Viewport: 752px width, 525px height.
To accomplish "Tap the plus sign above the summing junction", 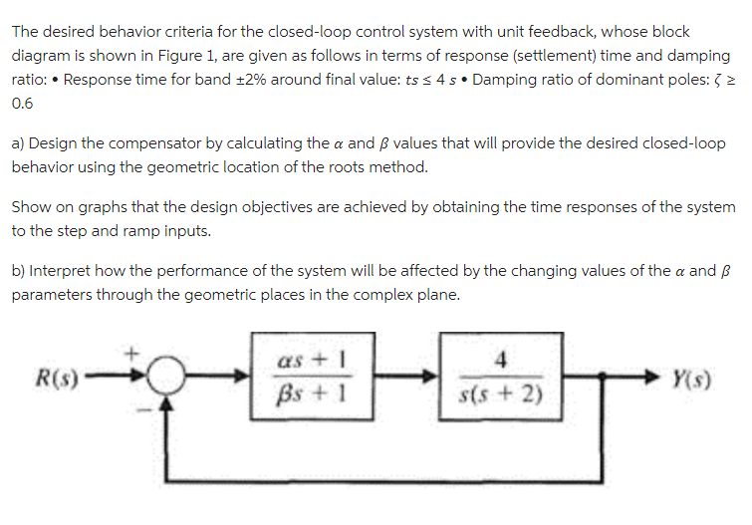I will [x=129, y=350].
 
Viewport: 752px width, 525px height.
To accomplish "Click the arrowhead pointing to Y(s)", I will [x=653, y=380].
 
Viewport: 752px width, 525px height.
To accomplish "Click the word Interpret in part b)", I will [x=63, y=271].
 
